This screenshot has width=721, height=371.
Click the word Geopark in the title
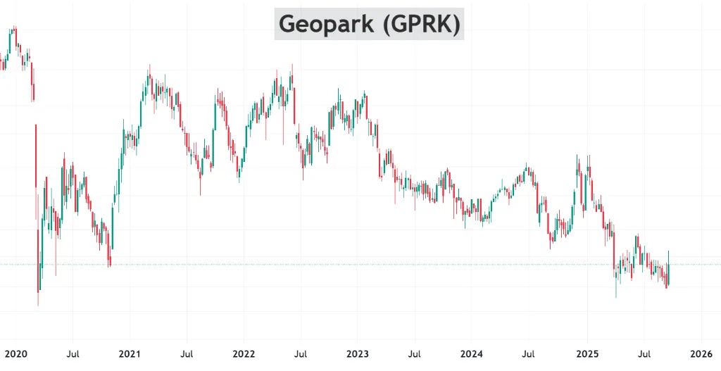pos(326,24)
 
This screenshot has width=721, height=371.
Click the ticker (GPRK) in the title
pos(422,24)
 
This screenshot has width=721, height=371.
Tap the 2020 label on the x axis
pos(15,354)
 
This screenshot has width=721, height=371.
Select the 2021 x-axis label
pos(130,354)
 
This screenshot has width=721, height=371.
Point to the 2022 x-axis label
pos(244,354)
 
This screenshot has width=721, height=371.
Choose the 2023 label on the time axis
pos(358,354)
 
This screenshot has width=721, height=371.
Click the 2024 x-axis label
pos(472,354)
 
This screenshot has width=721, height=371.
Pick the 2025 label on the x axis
pos(587,354)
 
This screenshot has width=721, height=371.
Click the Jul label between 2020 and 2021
pos(73,354)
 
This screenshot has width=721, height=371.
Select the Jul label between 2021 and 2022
pos(187,354)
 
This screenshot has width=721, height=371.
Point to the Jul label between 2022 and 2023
pos(301,354)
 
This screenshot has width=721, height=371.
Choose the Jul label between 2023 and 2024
pos(415,354)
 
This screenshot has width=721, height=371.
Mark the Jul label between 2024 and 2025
pos(529,354)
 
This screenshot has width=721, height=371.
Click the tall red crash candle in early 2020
pos(36,156)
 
